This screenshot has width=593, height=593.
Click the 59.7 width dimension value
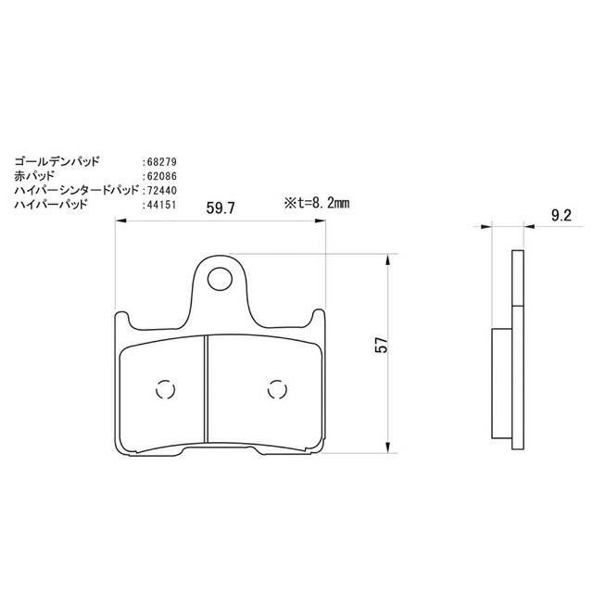(x=221, y=209)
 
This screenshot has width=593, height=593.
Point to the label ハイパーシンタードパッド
(x=76, y=189)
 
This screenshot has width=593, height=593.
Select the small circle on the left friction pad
(x=164, y=390)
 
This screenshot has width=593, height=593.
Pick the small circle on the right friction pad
(x=274, y=390)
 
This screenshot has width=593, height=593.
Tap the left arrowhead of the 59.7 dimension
(x=119, y=221)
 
